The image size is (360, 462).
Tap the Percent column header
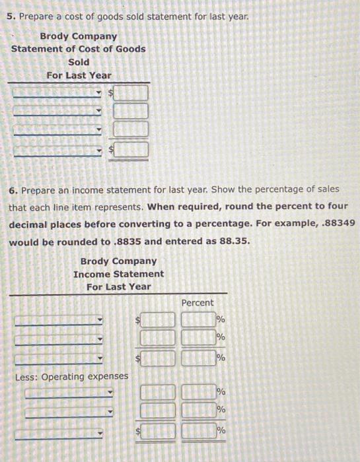197,302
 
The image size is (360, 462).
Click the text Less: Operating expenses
71,376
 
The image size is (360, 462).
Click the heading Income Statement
119,273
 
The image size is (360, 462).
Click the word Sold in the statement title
79,62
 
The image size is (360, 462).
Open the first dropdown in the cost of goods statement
58,93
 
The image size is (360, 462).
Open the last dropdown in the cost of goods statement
58,150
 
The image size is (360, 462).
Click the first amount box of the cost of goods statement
131,93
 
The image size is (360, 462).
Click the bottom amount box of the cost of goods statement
131,150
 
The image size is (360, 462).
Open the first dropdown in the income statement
58,321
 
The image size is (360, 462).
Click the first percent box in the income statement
198,321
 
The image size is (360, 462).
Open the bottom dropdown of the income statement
58,434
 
